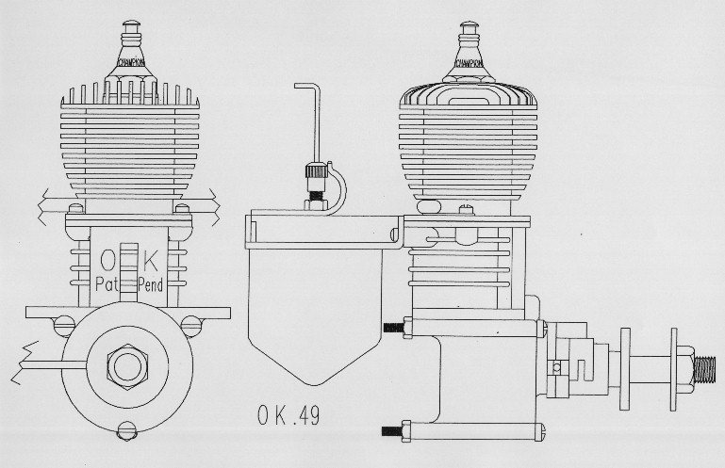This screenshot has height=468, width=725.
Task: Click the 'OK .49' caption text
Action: pos(288,415)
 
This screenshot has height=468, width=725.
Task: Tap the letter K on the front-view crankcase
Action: pos(150,261)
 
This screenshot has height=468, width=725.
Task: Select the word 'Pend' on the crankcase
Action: pos(151,284)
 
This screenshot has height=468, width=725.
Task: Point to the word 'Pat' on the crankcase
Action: pos(107,283)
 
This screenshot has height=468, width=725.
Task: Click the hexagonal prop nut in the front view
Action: pos(127,367)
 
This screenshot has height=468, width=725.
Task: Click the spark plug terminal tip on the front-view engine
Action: pos(131,24)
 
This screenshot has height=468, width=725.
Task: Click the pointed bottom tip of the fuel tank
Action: pos(315,383)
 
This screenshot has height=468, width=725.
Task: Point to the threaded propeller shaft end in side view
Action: pos(704,370)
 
